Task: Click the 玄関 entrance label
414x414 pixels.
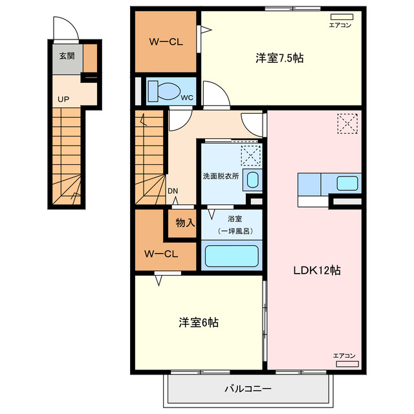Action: coord(67,56)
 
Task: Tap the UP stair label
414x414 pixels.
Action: coord(63,99)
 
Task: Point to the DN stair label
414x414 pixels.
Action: coord(173,191)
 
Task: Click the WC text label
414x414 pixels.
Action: coord(187,98)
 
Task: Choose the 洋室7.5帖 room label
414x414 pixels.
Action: coord(279,58)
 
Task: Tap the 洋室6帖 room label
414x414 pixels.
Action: coord(199,322)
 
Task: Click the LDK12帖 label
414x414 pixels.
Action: coord(317,270)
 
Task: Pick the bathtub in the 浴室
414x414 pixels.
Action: coord(232,256)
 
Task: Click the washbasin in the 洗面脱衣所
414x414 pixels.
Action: coord(252,180)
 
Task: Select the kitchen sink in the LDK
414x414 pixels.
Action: coord(347,183)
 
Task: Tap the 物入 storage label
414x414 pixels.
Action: coord(185,223)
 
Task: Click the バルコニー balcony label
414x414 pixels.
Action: coord(248,389)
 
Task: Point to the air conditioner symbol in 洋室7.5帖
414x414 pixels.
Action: coord(342,17)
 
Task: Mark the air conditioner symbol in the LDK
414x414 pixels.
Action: coord(347,364)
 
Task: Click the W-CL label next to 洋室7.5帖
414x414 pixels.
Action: coord(166,42)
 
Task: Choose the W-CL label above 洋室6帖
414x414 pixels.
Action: coord(161,254)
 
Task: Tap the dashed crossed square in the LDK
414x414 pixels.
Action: coord(347,124)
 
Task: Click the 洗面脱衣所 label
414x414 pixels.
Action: coord(221,176)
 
